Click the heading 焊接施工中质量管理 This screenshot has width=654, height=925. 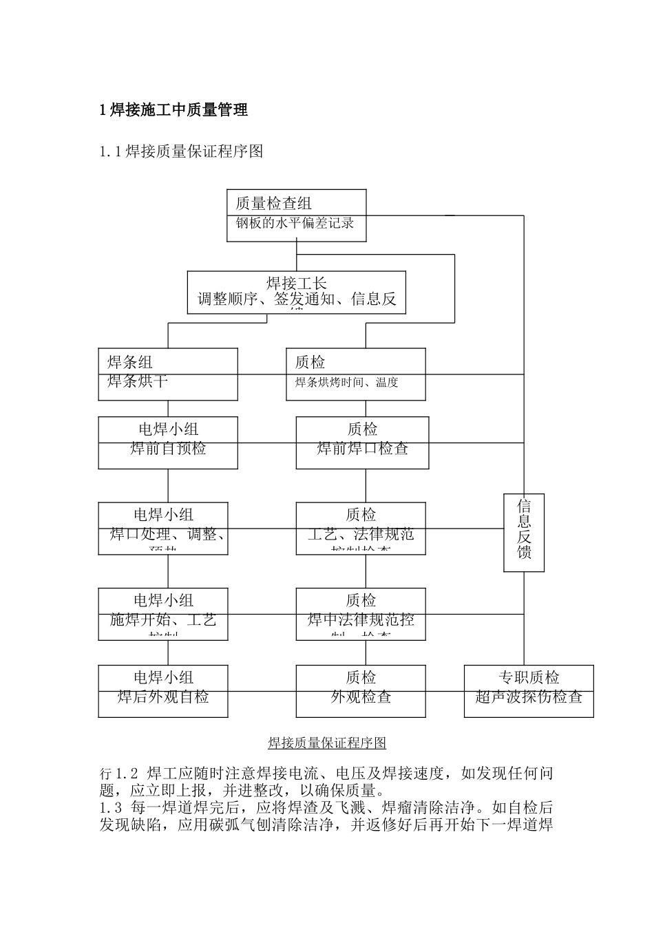[173, 109]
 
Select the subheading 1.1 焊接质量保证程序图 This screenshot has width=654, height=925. [181, 151]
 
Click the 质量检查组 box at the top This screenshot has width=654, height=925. [296, 215]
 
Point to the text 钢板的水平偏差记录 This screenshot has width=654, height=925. [295, 224]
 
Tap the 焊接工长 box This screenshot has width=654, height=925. [296, 292]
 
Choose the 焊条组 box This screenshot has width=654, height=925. [168, 374]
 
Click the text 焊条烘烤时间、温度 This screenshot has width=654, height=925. [347, 383]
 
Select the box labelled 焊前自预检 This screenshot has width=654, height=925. [168, 443]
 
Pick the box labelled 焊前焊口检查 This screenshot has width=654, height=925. [362, 443]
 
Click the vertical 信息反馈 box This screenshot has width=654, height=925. [524, 532]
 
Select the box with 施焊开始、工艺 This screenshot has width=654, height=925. [162, 613]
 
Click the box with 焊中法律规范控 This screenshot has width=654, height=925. [361, 613]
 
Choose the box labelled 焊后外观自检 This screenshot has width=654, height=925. [162, 690]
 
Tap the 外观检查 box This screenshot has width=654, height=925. [361, 690]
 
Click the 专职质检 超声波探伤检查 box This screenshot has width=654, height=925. [529, 690]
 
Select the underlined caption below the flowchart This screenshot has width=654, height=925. [327, 743]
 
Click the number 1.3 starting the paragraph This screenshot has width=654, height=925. [111, 808]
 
